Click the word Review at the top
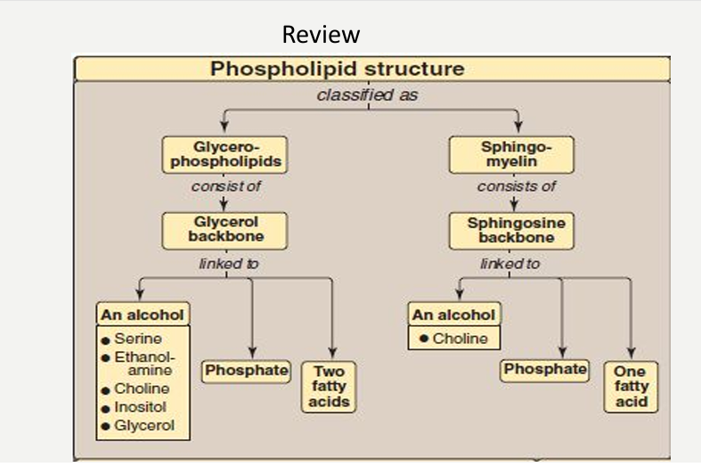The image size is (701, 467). (x=321, y=35)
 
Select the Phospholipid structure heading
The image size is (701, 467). (x=338, y=69)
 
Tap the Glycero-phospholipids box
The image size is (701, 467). (x=224, y=155)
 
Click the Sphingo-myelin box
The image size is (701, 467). (x=511, y=155)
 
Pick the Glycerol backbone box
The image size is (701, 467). (x=224, y=231)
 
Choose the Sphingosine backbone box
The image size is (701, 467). (x=511, y=231)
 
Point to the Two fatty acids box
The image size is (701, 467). (x=329, y=387)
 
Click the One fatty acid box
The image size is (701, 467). (x=631, y=387)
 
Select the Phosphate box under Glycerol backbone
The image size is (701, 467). (x=247, y=372)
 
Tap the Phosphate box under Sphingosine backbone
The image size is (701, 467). (x=544, y=371)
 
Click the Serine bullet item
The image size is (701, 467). (x=132, y=339)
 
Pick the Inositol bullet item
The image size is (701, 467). (x=134, y=407)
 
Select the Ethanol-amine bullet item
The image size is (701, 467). (x=138, y=364)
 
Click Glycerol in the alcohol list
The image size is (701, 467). (x=138, y=425)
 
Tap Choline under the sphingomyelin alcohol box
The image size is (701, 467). (x=453, y=339)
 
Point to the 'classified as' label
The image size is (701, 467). (x=368, y=94)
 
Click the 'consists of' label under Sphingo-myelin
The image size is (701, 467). (x=517, y=186)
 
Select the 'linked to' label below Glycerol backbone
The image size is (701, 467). (x=229, y=264)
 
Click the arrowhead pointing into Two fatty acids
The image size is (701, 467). (x=332, y=353)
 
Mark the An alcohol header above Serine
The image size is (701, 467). (x=143, y=315)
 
